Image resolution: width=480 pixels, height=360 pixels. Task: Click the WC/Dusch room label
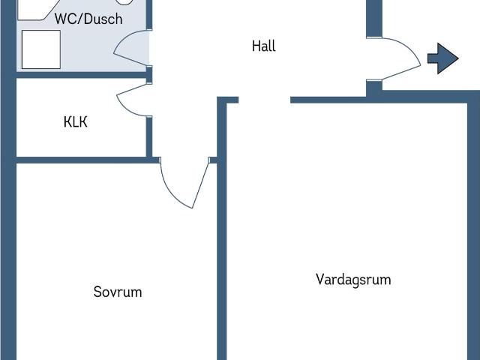(x=88, y=19)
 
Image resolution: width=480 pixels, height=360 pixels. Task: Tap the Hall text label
(x=263, y=46)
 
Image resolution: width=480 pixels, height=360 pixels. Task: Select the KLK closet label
(x=75, y=121)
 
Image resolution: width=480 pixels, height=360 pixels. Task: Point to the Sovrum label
(x=118, y=292)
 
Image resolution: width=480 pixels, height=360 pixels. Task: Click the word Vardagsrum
(x=353, y=280)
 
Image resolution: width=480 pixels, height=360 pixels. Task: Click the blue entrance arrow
(x=443, y=58)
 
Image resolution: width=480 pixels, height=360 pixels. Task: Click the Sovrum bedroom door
(x=183, y=184)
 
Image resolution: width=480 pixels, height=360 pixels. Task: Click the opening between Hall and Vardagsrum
(x=264, y=100)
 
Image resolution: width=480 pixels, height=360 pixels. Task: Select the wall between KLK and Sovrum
(x=82, y=160)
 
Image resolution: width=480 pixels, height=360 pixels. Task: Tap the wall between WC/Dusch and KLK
(x=82, y=75)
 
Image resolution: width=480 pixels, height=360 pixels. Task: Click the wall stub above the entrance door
(x=373, y=18)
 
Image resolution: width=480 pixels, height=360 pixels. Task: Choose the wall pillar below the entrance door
(x=373, y=88)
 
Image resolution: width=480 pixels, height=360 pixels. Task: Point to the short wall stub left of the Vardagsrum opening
(x=228, y=100)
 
